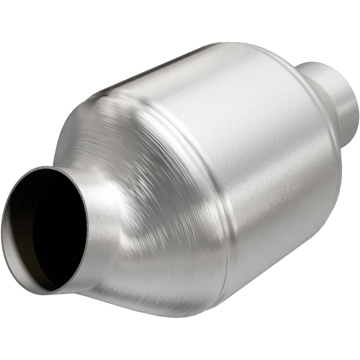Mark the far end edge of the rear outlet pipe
tap(356, 119)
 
